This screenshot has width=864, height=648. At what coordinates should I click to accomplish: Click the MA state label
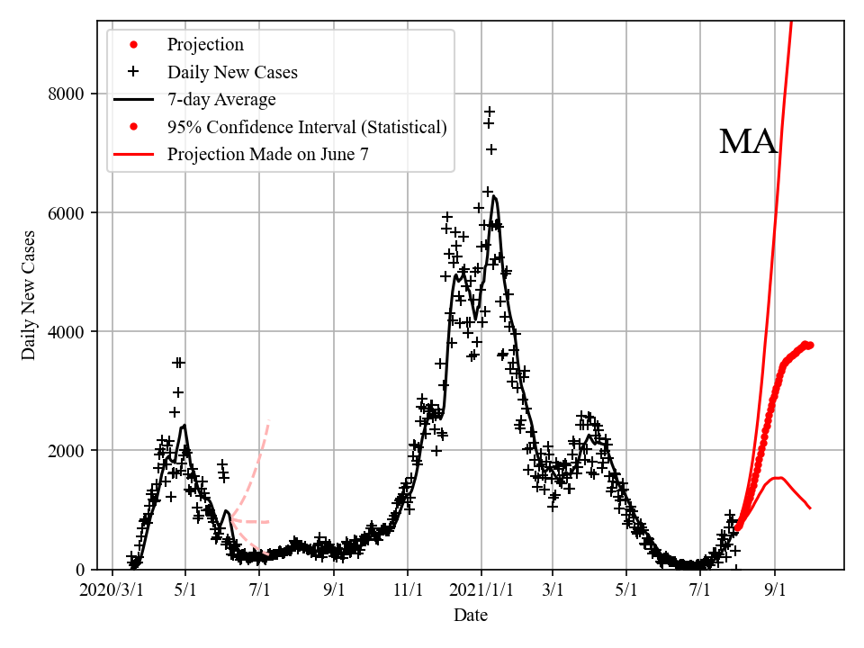coord(748,142)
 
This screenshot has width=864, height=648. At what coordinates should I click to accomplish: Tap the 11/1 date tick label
coord(408,590)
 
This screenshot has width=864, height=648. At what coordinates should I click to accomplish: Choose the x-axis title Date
coord(471,616)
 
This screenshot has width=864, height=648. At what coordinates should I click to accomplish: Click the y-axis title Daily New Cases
coord(30,296)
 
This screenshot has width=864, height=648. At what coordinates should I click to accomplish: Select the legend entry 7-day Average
coord(221,99)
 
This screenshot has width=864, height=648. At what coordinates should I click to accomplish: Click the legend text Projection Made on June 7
coord(267,155)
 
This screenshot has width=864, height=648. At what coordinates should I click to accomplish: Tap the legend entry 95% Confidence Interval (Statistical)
coord(306,127)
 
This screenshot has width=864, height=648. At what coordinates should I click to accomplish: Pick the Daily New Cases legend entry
coord(232,72)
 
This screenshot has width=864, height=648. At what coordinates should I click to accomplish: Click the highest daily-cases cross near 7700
coord(490,112)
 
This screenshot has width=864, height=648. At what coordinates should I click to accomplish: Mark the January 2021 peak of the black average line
coord(494,196)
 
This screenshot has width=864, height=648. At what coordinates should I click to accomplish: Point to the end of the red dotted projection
coord(811,345)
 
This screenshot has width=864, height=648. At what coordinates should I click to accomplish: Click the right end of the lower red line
coord(810,508)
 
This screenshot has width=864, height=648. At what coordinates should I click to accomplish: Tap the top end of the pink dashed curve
coord(269,420)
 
